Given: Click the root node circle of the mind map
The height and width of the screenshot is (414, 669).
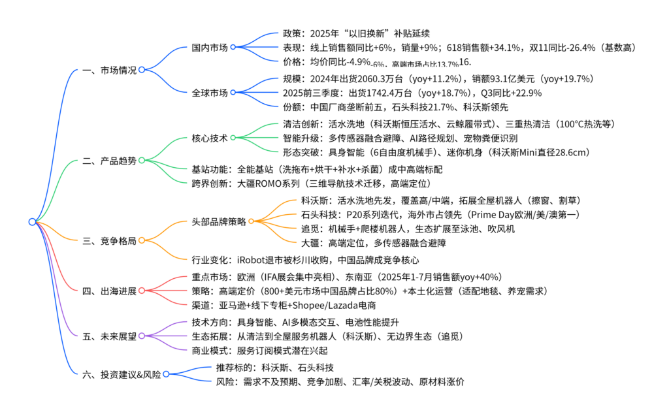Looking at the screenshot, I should tap(32, 222).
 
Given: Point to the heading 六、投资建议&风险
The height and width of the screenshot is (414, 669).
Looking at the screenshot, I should tap(122, 374).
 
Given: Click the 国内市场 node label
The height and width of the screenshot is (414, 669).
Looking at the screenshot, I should tap(210, 48).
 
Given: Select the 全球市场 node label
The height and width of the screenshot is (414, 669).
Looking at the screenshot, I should tap(210, 93).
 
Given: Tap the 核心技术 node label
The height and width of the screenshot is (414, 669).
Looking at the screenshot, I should tap(210, 138).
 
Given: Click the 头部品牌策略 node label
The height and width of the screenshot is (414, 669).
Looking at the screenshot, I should tap(219, 221).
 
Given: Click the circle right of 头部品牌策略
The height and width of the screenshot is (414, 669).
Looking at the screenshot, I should tap(252, 221).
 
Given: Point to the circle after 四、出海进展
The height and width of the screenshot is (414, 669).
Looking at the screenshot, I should tap(142, 291).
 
